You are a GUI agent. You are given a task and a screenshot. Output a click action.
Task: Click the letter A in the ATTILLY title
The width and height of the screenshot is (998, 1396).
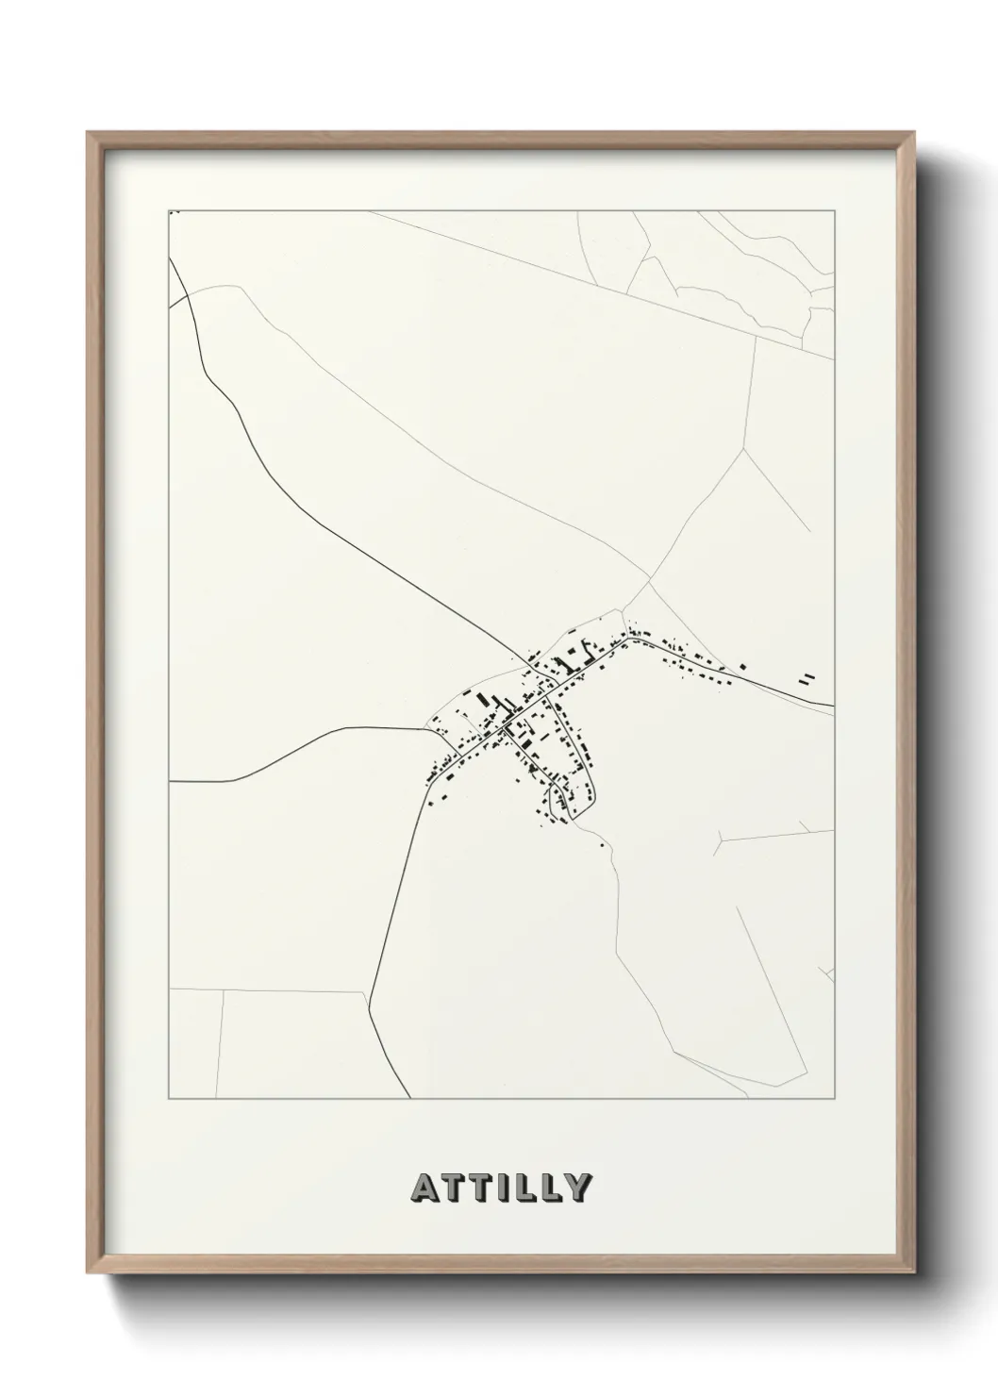coord(423,1188)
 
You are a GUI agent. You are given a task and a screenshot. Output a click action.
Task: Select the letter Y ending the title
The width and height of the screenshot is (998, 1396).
coord(579,1188)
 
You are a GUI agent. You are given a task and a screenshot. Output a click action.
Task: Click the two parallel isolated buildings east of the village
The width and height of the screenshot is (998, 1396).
coord(807,677)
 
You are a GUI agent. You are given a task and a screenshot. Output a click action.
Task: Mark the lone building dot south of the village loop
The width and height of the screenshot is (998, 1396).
coord(602,845)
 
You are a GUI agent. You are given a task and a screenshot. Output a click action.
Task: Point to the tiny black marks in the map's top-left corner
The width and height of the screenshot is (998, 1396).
coord(173,214)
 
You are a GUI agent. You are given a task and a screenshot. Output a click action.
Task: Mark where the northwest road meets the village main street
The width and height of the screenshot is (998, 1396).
coord(534,665)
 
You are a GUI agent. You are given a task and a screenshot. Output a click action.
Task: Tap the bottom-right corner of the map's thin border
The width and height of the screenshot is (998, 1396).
coord(835,1099)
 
